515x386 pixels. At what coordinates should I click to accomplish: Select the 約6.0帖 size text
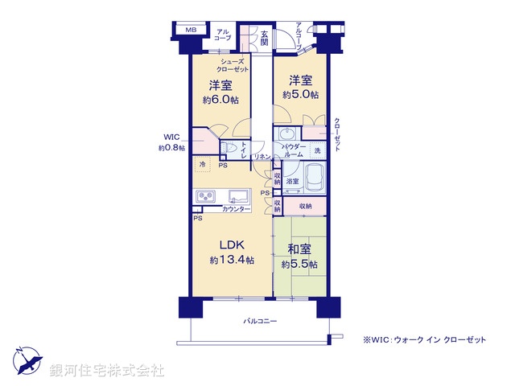pyautogui.click(x=220, y=100)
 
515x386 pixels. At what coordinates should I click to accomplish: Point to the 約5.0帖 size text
pyautogui.click(x=300, y=95)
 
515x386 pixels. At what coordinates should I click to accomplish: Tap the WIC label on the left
pyautogui.click(x=171, y=138)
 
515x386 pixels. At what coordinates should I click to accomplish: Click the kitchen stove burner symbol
pyautogui.click(x=204, y=195)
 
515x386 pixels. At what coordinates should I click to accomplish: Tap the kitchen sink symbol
pyautogui.click(x=240, y=196)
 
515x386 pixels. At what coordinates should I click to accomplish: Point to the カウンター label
pyautogui.click(x=237, y=209)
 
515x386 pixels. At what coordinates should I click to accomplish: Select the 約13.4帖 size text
pyautogui.click(x=233, y=261)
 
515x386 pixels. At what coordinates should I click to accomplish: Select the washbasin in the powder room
pyautogui.click(x=288, y=134)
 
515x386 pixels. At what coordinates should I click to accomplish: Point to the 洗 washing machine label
pyautogui.click(x=317, y=151)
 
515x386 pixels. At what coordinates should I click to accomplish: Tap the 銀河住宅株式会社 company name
pyautogui.click(x=107, y=370)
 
